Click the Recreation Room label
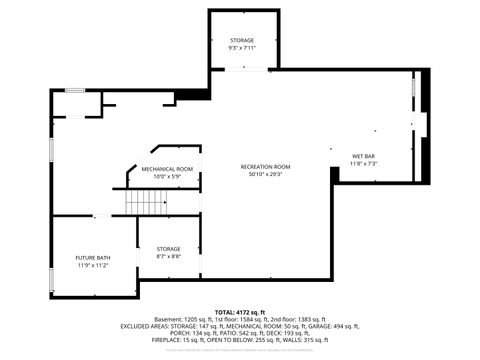point(265,166)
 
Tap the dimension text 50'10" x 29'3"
point(265,174)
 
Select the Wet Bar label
point(363,157)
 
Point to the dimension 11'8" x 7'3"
point(363,165)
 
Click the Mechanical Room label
point(167,169)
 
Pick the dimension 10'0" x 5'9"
point(167,177)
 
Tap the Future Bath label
point(93,258)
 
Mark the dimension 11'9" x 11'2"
point(93,266)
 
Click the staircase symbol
point(145,202)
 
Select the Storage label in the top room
point(242,40)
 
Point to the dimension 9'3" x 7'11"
point(242,48)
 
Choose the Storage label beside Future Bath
point(168,249)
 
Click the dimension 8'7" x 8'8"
point(168,257)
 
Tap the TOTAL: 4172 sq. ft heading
point(240,313)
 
